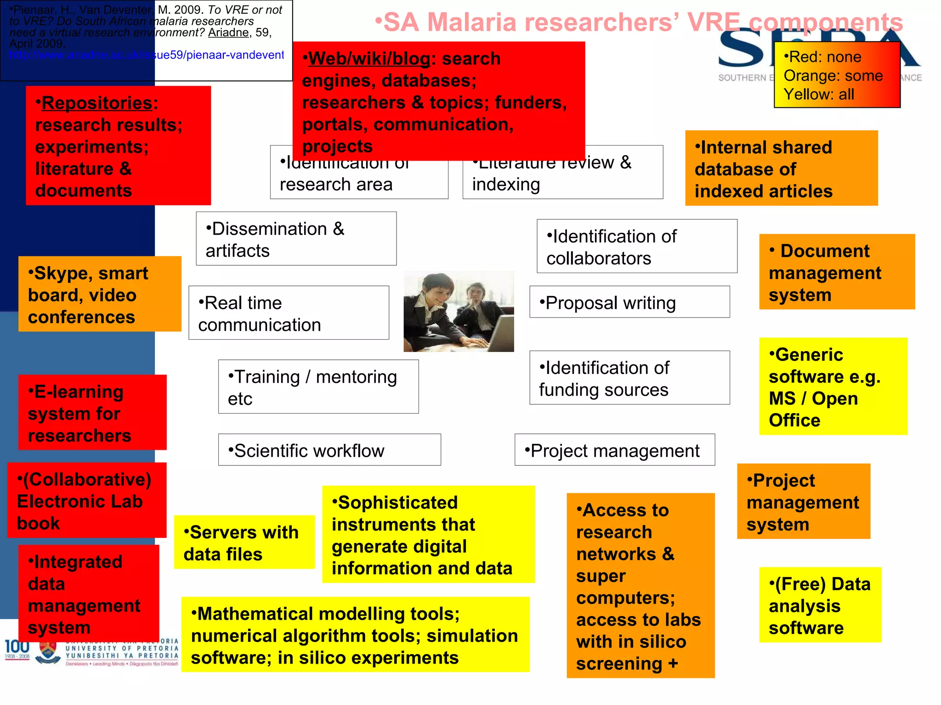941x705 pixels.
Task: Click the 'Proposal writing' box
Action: coord(629,302)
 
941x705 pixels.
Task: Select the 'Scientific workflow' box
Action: coord(329,450)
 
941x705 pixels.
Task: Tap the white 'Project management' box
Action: coord(614,450)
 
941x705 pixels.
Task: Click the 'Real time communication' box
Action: coord(289,313)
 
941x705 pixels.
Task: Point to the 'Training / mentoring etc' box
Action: coord(318,386)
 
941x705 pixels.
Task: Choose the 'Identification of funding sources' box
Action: coord(629,378)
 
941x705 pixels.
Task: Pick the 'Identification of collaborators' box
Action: coord(637,246)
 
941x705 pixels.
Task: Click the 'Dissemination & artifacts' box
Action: coord(296,239)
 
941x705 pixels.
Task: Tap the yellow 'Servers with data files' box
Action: coord(244,543)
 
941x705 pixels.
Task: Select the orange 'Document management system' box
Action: coord(837,272)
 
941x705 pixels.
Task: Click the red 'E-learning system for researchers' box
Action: coord(92,413)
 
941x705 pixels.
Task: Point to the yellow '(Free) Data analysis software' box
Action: coord(820,605)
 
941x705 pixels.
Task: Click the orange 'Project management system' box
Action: coord(803,501)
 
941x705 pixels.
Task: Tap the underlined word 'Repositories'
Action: coord(97,103)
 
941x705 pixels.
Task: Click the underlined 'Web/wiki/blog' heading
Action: coord(369,59)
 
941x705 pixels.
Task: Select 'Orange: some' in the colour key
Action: coord(833,76)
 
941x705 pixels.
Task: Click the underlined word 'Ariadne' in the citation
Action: coord(228,33)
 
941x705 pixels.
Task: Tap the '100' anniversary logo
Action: coord(17,647)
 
